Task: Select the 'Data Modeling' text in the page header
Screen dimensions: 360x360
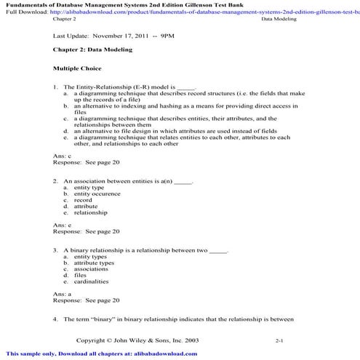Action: pyautogui.click(x=279, y=20)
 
